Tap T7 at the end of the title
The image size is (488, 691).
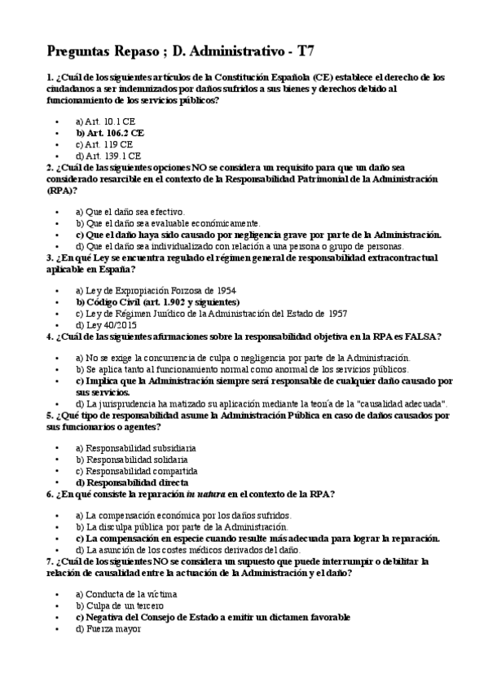[305, 51]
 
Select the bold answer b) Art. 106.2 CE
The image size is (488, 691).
[109, 131]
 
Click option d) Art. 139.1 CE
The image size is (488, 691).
[108, 154]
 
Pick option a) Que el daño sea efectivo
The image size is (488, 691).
[130, 211]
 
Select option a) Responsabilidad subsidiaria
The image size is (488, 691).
[134, 448]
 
